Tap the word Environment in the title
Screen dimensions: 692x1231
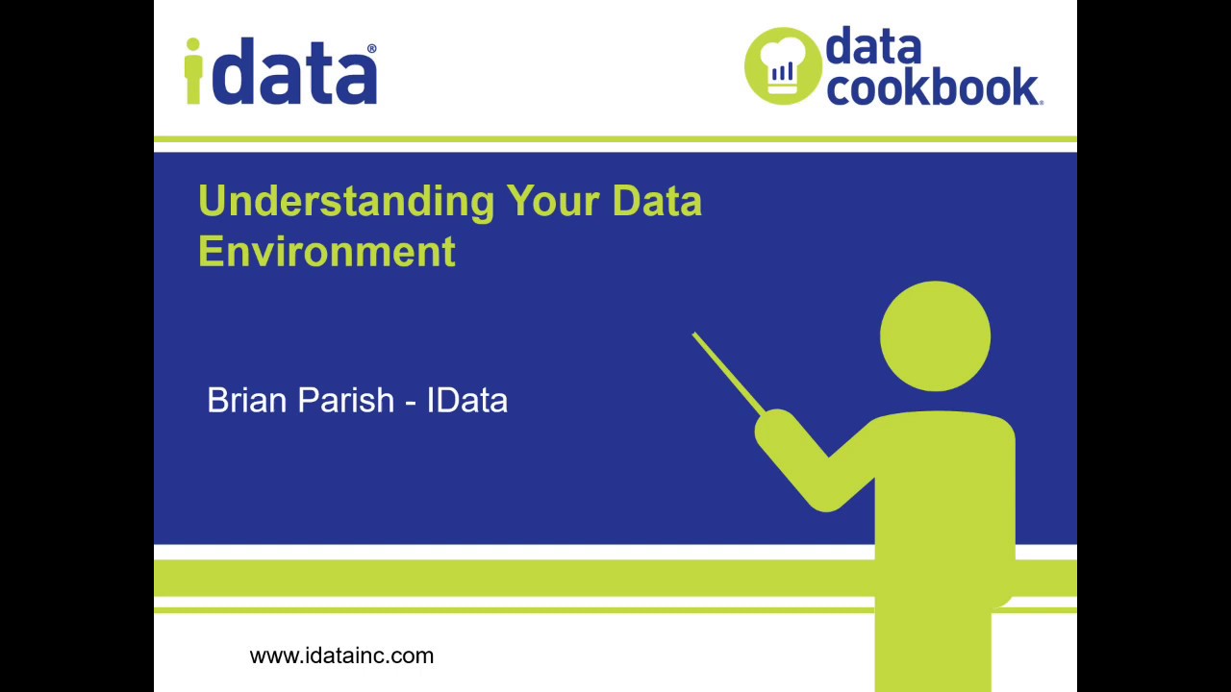tap(327, 252)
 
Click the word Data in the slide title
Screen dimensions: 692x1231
tap(657, 202)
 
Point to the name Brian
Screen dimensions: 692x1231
tap(247, 400)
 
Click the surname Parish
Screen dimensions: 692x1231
tap(346, 400)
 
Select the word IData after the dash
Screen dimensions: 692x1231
tap(466, 400)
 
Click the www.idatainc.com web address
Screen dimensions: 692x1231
tap(341, 655)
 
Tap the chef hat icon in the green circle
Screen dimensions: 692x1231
tap(782, 64)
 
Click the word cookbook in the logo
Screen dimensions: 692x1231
tap(931, 86)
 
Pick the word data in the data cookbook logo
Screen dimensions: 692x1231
tap(872, 46)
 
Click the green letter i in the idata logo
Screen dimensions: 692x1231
tap(193, 71)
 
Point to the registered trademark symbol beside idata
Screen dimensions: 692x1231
tap(372, 49)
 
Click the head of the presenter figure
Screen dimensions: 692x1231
tap(935, 336)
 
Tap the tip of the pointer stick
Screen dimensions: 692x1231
tap(694, 335)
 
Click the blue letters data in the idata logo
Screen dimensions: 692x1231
tap(293, 75)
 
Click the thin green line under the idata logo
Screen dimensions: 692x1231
tap(615, 139)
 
